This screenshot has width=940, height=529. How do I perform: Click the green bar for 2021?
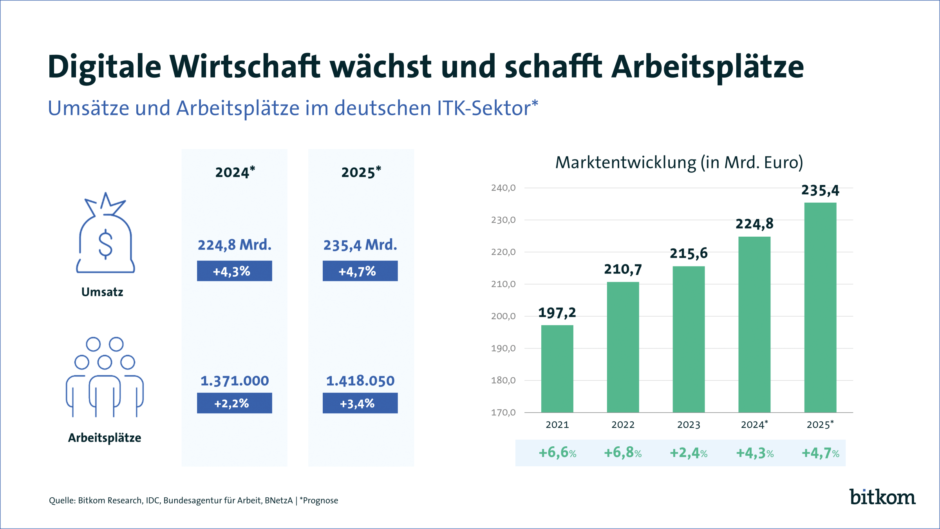(x=557, y=368)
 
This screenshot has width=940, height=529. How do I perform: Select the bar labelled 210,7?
(x=623, y=347)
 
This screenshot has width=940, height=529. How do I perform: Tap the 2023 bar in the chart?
(x=689, y=339)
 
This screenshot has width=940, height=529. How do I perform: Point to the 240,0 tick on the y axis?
(x=503, y=188)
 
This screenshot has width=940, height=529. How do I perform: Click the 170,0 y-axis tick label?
(x=503, y=413)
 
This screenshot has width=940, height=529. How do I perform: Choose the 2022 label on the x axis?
(x=623, y=425)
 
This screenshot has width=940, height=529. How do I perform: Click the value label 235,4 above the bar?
(x=820, y=190)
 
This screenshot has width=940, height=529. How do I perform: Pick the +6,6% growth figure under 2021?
(x=557, y=453)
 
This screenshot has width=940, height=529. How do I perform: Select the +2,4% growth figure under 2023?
(x=689, y=453)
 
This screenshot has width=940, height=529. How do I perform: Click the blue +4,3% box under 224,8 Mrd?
(x=234, y=271)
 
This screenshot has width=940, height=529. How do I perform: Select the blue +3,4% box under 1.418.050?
(x=360, y=403)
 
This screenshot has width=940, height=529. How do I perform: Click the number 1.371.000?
(x=234, y=381)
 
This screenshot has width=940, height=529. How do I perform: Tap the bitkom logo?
(x=882, y=497)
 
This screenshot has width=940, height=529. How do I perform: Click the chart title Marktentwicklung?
(x=625, y=163)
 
